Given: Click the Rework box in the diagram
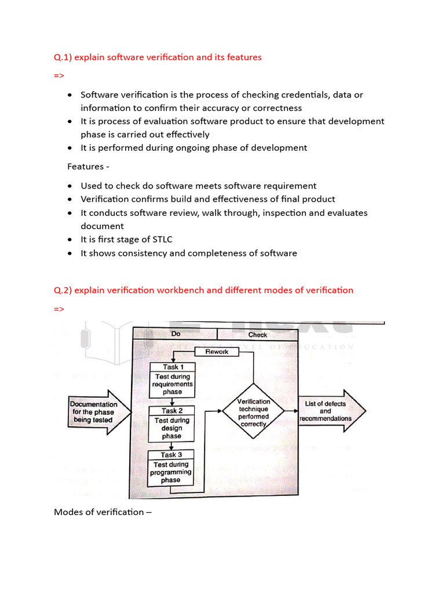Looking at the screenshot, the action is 217,352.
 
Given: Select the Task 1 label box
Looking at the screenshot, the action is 172,367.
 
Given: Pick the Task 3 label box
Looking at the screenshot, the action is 171,455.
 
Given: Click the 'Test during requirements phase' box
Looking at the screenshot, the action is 172,384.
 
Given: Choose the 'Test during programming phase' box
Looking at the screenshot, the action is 171,472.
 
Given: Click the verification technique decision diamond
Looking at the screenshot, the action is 253,412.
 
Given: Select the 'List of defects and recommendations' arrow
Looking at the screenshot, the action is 330,411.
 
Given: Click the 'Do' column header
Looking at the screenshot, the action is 176,334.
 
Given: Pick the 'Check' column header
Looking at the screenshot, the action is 257,335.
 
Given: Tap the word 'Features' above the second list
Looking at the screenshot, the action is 85,167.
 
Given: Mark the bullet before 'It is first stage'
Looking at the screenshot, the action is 70,239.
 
